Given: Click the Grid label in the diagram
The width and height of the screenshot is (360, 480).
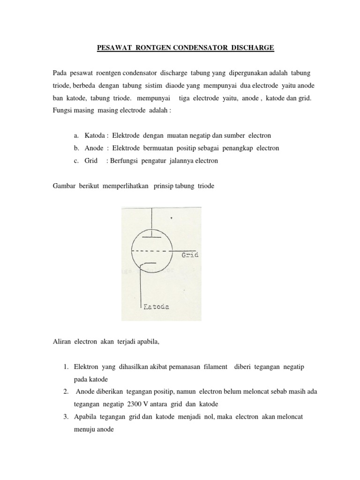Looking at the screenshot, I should (x=190, y=255).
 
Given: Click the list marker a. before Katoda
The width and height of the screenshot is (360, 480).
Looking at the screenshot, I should (x=76, y=135).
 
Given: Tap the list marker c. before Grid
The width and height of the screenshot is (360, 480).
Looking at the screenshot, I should (x=76, y=161).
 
